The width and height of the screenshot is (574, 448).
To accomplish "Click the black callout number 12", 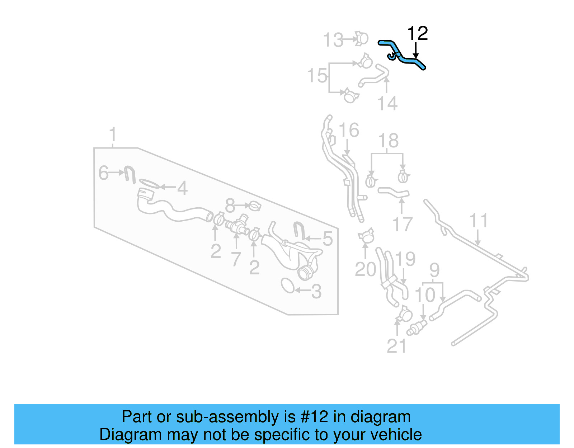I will click(x=418, y=34).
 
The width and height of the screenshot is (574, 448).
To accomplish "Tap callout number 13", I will click(x=333, y=40).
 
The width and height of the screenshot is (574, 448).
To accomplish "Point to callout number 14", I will click(x=387, y=103).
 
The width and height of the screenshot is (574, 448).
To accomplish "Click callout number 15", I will click(x=317, y=76).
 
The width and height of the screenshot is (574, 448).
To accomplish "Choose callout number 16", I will click(x=349, y=130).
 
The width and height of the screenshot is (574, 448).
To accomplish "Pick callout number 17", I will click(x=403, y=225).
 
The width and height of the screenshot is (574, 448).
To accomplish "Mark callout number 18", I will click(x=388, y=141).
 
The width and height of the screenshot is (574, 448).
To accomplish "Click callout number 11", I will click(x=479, y=221).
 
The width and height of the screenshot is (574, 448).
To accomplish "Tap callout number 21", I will click(x=396, y=346).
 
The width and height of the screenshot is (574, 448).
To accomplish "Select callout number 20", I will click(x=365, y=269).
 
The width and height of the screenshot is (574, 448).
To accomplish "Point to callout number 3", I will click(x=316, y=292).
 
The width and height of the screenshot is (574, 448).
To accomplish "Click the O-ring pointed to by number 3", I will click(x=288, y=286).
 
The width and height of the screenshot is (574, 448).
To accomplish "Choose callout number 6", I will click(x=103, y=173).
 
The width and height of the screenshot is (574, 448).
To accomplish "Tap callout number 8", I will click(x=230, y=206).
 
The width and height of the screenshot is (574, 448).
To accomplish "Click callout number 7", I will click(x=235, y=259).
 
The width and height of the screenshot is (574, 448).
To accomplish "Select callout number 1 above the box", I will click(x=113, y=135).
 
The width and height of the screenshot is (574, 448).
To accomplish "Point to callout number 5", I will click(x=327, y=239).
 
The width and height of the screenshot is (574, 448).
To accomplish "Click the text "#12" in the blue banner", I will click(x=314, y=417).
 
